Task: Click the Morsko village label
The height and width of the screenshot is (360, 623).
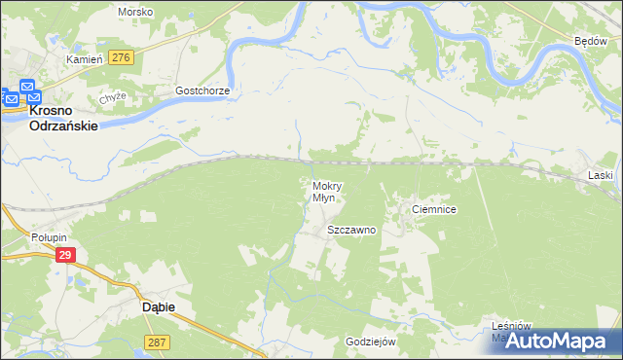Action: pos(134,12)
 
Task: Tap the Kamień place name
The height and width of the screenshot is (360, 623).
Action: pos(84,59)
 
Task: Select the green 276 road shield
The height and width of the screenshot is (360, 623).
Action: pos(121,58)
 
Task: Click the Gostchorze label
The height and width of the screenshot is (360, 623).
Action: pos(202,90)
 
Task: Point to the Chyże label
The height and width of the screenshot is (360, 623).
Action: pos(113,99)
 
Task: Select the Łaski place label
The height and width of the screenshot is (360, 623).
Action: pos(600,175)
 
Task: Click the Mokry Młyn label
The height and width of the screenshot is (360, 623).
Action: pos(324,191)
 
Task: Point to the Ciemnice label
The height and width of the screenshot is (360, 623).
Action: pos(434,209)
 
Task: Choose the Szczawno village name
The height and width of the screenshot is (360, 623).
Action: pos(351,231)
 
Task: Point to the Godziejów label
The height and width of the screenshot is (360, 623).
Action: pos(371,342)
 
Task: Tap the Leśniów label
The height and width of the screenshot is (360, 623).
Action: pos(510,326)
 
